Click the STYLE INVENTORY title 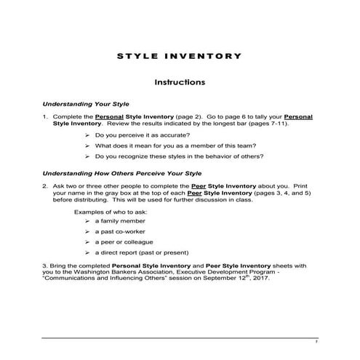click(x=179, y=55)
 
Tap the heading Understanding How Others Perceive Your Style click(x=121, y=174)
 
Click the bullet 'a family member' click(x=120, y=220)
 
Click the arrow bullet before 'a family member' click(x=87, y=220)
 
